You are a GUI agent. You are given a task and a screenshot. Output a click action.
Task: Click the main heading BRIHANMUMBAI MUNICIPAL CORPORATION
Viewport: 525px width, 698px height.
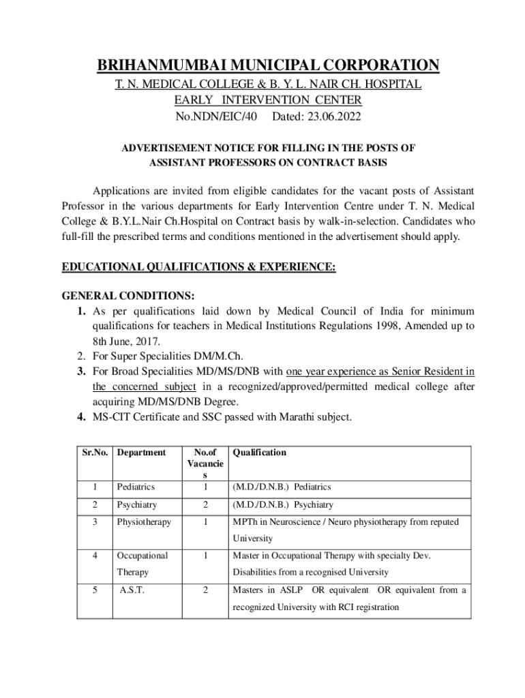click(268, 65)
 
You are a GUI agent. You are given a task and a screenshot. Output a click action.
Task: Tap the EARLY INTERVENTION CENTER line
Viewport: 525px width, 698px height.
click(268, 101)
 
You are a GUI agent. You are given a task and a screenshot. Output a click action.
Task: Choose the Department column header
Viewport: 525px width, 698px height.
click(141, 453)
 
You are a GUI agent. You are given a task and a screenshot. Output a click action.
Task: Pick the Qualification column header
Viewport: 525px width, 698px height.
click(260, 453)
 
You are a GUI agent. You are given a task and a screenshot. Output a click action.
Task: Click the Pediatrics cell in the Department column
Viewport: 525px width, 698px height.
click(136, 487)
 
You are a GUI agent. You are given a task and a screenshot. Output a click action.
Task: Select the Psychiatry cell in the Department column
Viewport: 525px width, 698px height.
click(137, 505)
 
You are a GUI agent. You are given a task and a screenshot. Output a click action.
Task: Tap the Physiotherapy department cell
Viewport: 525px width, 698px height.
click(144, 522)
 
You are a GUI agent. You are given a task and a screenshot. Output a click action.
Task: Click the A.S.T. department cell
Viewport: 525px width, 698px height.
click(132, 590)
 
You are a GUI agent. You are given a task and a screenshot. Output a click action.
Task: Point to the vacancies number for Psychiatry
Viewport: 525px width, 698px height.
click(205, 505)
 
